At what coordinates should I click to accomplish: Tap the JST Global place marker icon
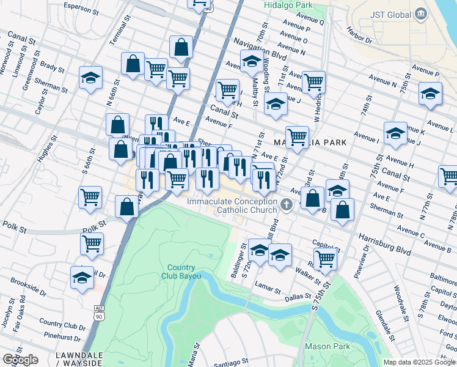tap(420, 13)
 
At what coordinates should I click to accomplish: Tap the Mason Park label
tap(327, 346)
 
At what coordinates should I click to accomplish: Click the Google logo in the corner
tap(20, 360)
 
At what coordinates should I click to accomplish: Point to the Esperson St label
tap(82, 10)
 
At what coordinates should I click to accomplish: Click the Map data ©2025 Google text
tap(419, 362)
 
